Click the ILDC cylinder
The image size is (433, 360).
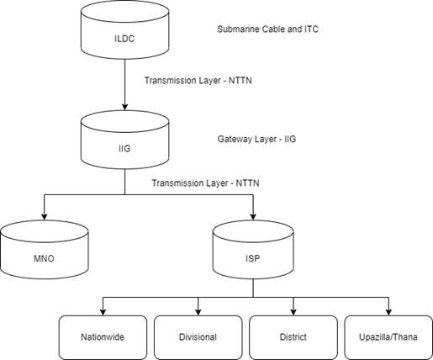125,29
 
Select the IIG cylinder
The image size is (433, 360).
125,140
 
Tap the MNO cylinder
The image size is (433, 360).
45,250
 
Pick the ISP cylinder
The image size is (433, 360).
253,250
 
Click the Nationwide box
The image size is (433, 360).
103,337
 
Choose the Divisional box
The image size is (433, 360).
198,337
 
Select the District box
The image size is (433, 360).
293,337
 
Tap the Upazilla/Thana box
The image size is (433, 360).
388,337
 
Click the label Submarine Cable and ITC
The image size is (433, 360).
267,29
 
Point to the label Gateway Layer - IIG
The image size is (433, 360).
256,139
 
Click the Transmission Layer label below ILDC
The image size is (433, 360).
198,81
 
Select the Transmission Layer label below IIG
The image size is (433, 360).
205,183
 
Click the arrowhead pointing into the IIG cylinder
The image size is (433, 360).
125,107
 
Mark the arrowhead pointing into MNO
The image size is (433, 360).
45,217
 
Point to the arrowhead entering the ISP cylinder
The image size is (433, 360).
253,217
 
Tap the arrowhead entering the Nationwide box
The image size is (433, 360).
103,312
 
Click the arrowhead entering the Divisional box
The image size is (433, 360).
198,312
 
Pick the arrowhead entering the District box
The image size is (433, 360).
293,312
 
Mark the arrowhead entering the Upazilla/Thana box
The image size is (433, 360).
388,312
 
